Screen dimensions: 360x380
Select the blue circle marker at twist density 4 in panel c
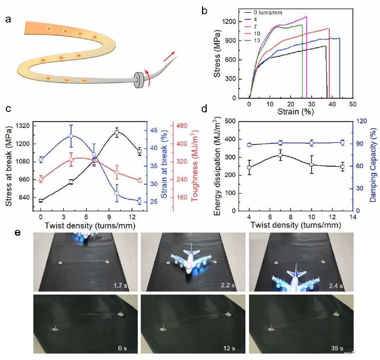click(71, 136)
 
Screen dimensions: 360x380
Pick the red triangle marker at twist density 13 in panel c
click(139, 180)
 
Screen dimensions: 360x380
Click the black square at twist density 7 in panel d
click(281, 155)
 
